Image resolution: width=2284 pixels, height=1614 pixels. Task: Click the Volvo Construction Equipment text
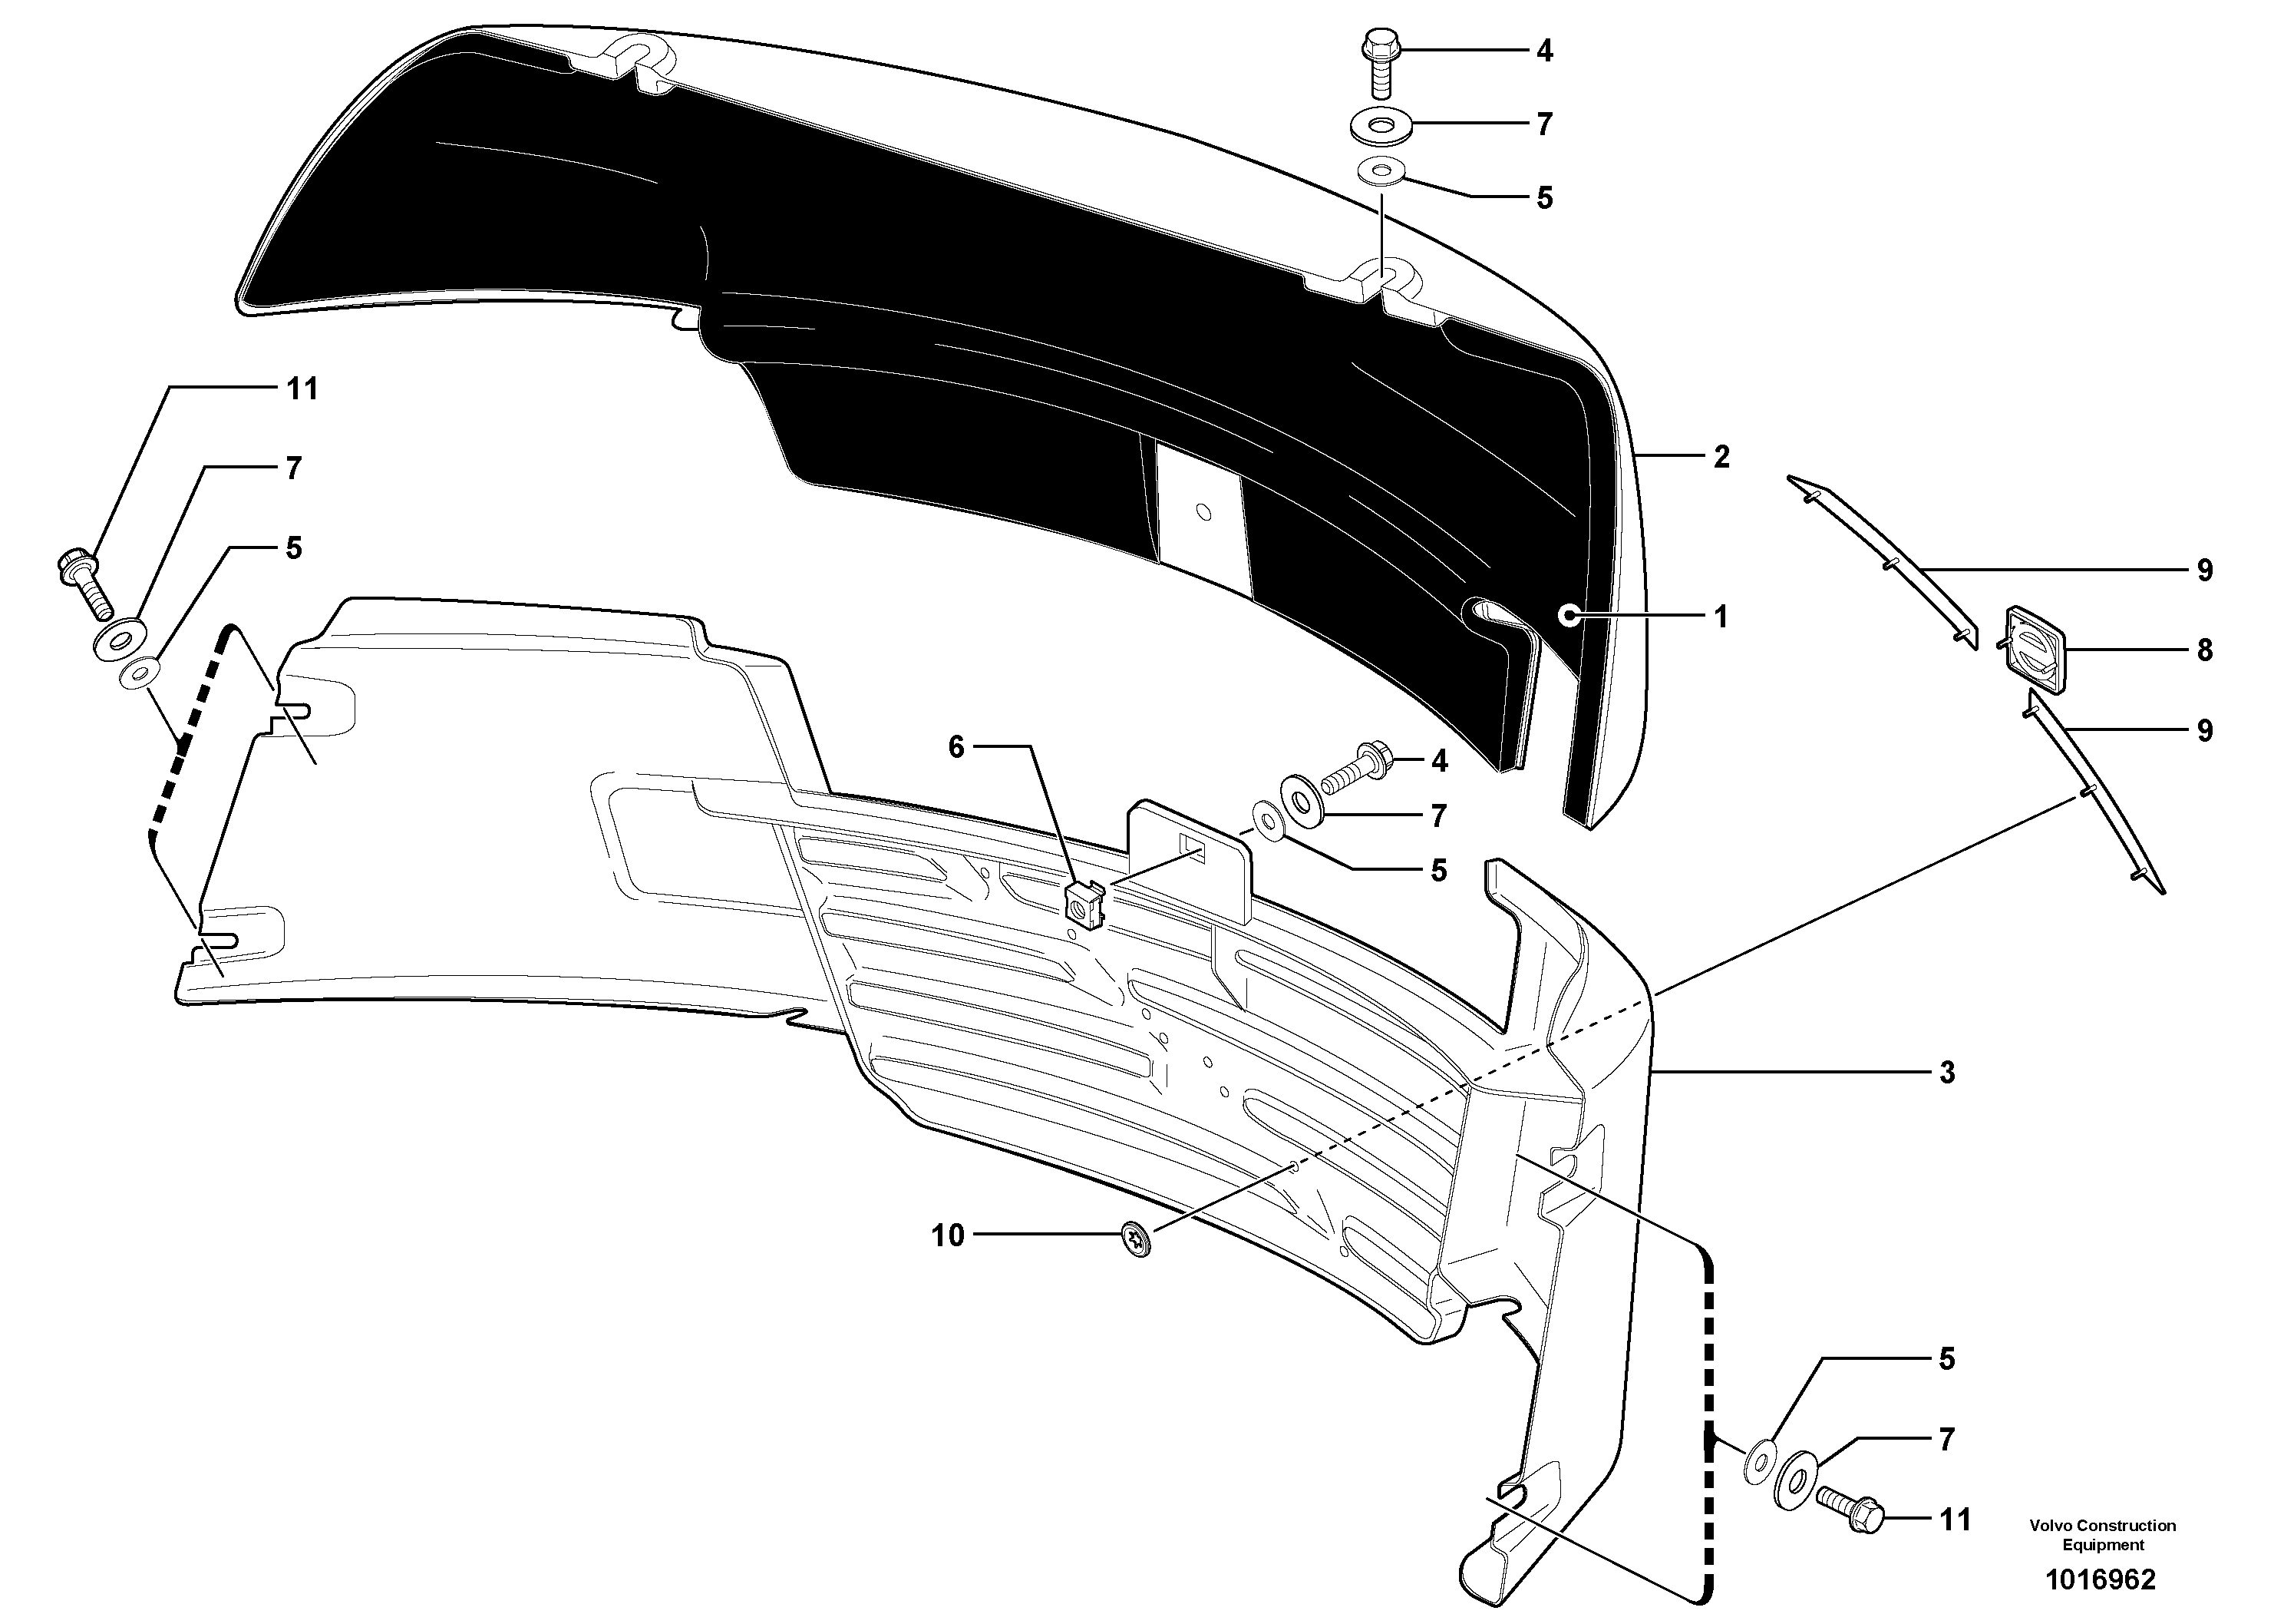2102,1533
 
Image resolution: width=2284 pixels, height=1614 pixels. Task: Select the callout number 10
948,1236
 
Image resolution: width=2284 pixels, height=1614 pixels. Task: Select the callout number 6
956,747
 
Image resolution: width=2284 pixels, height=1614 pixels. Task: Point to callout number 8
2204,651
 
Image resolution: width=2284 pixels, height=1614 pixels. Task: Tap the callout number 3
1947,1073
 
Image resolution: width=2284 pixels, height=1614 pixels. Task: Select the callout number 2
1721,457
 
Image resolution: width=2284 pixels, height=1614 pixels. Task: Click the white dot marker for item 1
1569,616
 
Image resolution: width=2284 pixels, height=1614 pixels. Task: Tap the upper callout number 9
2204,571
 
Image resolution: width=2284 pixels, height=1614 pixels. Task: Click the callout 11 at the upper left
302,389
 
